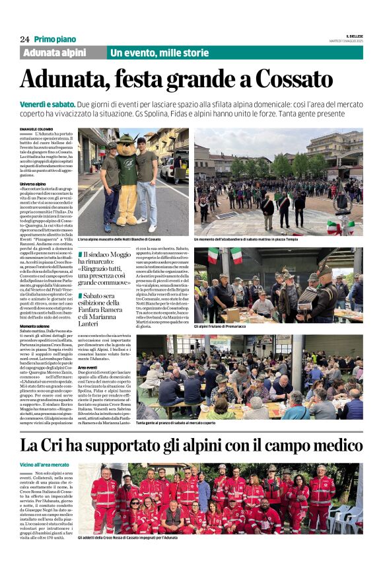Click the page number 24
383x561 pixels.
tap(24, 40)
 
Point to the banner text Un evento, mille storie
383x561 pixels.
tap(159, 53)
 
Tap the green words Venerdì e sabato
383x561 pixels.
tap(46, 104)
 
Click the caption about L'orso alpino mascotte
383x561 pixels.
tap(119, 239)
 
